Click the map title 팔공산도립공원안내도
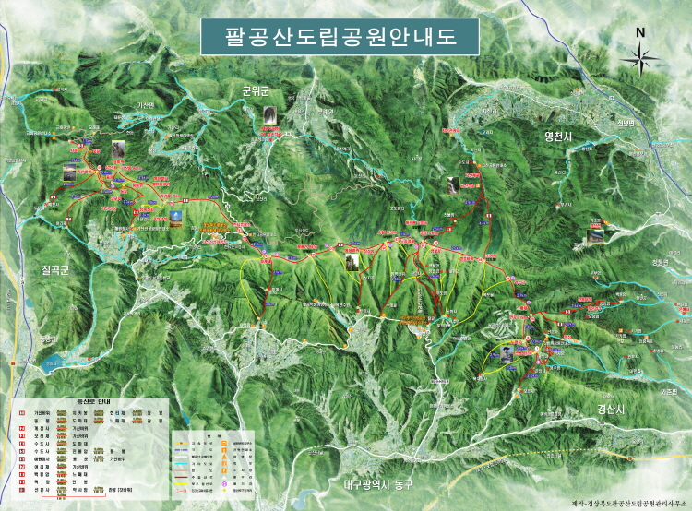click(x=340, y=37)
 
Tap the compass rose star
click(x=640, y=59)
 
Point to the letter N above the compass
click(x=640, y=32)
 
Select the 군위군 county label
click(x=255, y=90)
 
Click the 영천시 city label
click(x=560, y=137)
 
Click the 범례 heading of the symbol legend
click(x=210, y=431)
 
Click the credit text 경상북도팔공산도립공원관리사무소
click(x=620, y=502)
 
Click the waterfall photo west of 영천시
click(x=455, y=184)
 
